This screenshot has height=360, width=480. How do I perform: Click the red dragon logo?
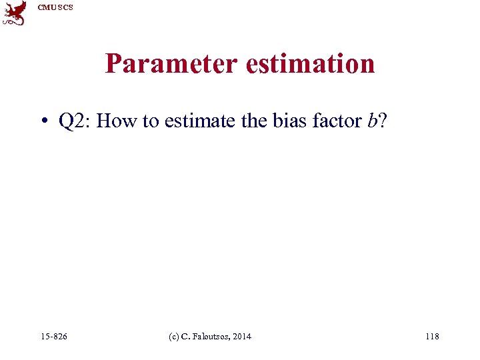15,13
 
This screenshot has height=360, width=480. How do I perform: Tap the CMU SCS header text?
56,7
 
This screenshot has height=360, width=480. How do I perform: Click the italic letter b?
371,121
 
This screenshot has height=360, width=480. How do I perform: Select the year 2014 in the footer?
243,337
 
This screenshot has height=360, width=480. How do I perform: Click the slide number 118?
432,337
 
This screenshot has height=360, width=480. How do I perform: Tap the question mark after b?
381,121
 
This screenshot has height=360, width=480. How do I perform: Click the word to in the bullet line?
150,121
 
